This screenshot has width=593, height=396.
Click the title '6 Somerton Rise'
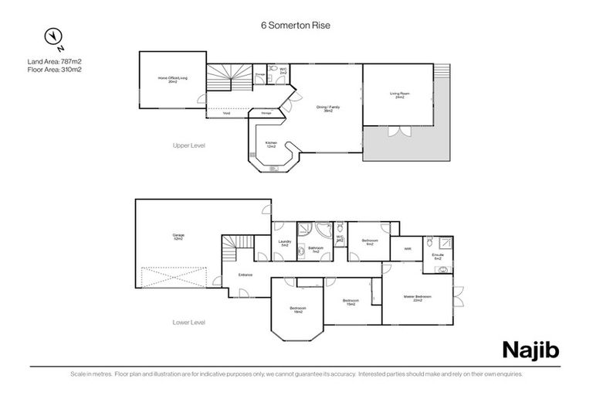tap(296, 25)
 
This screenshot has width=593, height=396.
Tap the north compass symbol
tap(53, 36)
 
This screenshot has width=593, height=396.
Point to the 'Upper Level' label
tap(189, 145)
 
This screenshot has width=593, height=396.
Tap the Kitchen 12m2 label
tap(272, 144)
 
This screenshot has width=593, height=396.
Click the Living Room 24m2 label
tap(399, 95)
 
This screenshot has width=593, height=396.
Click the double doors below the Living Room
tap(399, 131)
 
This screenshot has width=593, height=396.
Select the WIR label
tap(407, 248)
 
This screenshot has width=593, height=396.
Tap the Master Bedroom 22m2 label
tap(417, 298)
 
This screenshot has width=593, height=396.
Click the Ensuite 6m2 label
tap(437, 255)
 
